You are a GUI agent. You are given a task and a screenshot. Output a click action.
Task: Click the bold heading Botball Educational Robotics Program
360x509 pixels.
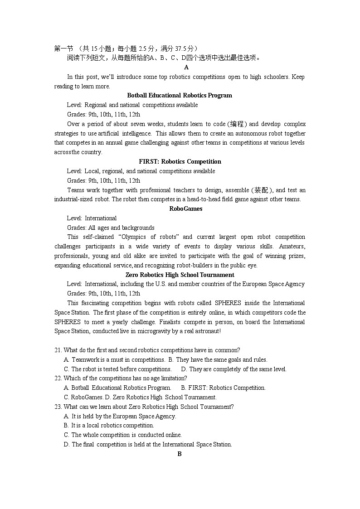point(180,96)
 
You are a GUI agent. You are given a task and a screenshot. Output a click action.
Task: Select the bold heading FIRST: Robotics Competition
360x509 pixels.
point(180,162)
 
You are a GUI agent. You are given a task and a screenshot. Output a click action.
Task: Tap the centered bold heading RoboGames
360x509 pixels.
point(180,209)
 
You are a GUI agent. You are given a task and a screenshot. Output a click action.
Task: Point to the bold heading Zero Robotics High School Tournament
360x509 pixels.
point(180,275)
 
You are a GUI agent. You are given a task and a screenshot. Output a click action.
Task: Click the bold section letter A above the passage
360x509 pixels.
point(186,68)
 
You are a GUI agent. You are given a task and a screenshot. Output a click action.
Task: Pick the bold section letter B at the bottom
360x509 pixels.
point(180,454)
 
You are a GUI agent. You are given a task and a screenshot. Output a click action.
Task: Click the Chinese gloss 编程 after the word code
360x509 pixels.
point(238,124)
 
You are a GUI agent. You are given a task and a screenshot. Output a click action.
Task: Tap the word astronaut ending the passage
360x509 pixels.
point(207,331)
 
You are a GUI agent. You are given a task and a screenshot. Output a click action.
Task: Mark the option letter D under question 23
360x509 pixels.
point(66,445)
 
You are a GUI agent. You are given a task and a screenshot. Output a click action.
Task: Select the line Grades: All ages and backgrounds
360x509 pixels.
point(111,228)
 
